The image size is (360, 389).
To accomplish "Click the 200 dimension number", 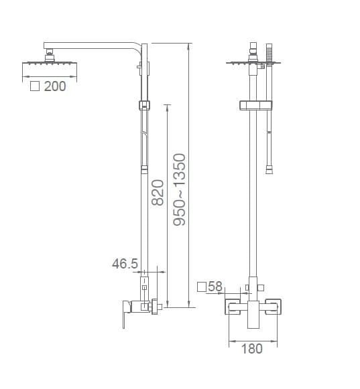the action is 55,86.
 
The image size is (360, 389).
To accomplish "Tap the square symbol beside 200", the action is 35,86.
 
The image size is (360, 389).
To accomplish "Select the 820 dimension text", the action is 158,193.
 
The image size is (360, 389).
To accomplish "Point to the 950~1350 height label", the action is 180,189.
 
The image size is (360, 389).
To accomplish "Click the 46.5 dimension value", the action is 125,264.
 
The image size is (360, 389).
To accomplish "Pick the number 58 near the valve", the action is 215,287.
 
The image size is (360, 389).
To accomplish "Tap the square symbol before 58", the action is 202,287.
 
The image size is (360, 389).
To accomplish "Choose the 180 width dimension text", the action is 252,349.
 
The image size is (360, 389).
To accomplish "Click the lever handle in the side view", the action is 126,313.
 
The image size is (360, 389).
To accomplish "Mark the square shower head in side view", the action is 50,63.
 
